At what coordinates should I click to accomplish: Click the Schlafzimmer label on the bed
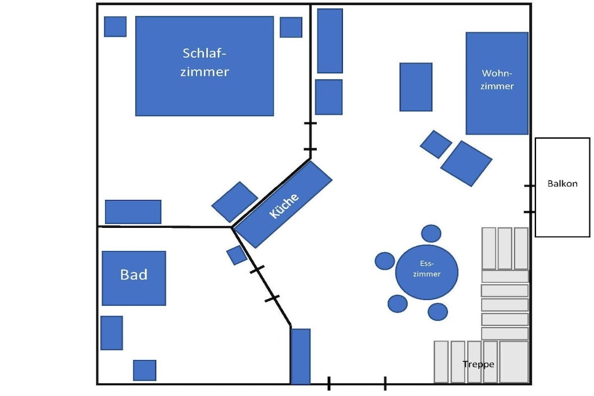(205, 63)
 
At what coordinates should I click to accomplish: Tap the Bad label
(134, 275)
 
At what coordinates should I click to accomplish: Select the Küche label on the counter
(284, 206)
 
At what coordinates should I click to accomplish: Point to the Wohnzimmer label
(497, 79)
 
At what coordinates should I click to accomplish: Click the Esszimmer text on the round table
(426, 269)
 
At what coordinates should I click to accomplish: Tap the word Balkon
(563, 184)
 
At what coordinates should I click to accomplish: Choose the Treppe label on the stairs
(479, 364)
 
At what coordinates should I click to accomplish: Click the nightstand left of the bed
(115, 27)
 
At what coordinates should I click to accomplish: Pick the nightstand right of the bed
(291, 27)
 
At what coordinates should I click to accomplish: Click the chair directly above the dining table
(431, 233)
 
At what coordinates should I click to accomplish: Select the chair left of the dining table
(385, 261)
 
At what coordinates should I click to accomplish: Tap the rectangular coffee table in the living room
(416, 87)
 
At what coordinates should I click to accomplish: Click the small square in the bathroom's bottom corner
(144, 370)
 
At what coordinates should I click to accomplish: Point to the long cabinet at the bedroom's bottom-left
(133, 212)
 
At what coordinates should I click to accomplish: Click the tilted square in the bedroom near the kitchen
(235, 202)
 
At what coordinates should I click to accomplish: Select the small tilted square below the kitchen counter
(237, 255)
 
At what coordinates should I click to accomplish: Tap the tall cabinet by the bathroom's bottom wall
(300, 356)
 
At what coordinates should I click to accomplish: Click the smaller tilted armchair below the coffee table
(436, 144)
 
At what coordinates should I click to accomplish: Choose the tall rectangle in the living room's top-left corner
(330, 41)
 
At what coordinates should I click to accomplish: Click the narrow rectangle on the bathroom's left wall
(112, 333)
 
